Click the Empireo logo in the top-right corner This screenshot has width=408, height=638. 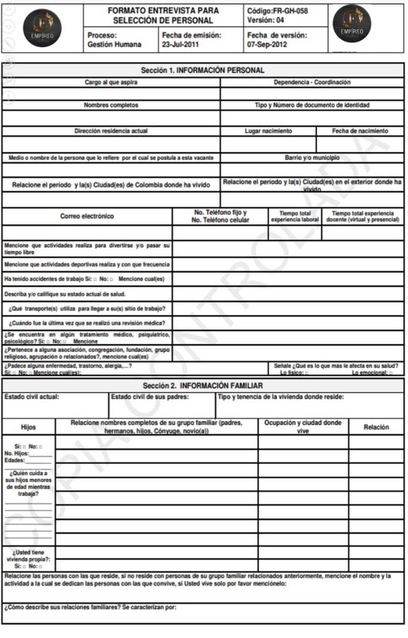click(352, 24)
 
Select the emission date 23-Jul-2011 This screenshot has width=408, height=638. click(180, 44)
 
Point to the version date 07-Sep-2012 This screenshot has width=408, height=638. click(267, 44)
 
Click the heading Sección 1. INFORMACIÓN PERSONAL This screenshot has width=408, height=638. click(203, 70)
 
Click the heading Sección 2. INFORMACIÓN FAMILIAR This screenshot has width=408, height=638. click(203, 386)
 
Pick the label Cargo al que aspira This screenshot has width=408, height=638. click(111, 83)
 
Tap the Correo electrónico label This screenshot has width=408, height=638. click(87, 216)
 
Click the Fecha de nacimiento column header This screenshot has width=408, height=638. click(360, 131)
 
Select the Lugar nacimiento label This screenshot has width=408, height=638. click(268, 131)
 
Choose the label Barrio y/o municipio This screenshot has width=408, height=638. click(312, 158)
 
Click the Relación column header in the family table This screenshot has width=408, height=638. click(376, 427)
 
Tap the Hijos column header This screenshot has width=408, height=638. click(28, 427)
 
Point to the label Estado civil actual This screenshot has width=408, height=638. click(32, 397)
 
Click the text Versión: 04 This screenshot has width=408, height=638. click(266, 20)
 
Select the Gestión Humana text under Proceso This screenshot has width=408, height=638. click(114, 44)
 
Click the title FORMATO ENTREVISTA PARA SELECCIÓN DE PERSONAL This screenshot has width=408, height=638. click(163, 15)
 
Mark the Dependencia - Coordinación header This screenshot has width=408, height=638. click(312, 83)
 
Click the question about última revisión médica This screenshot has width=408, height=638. click(87, 323)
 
